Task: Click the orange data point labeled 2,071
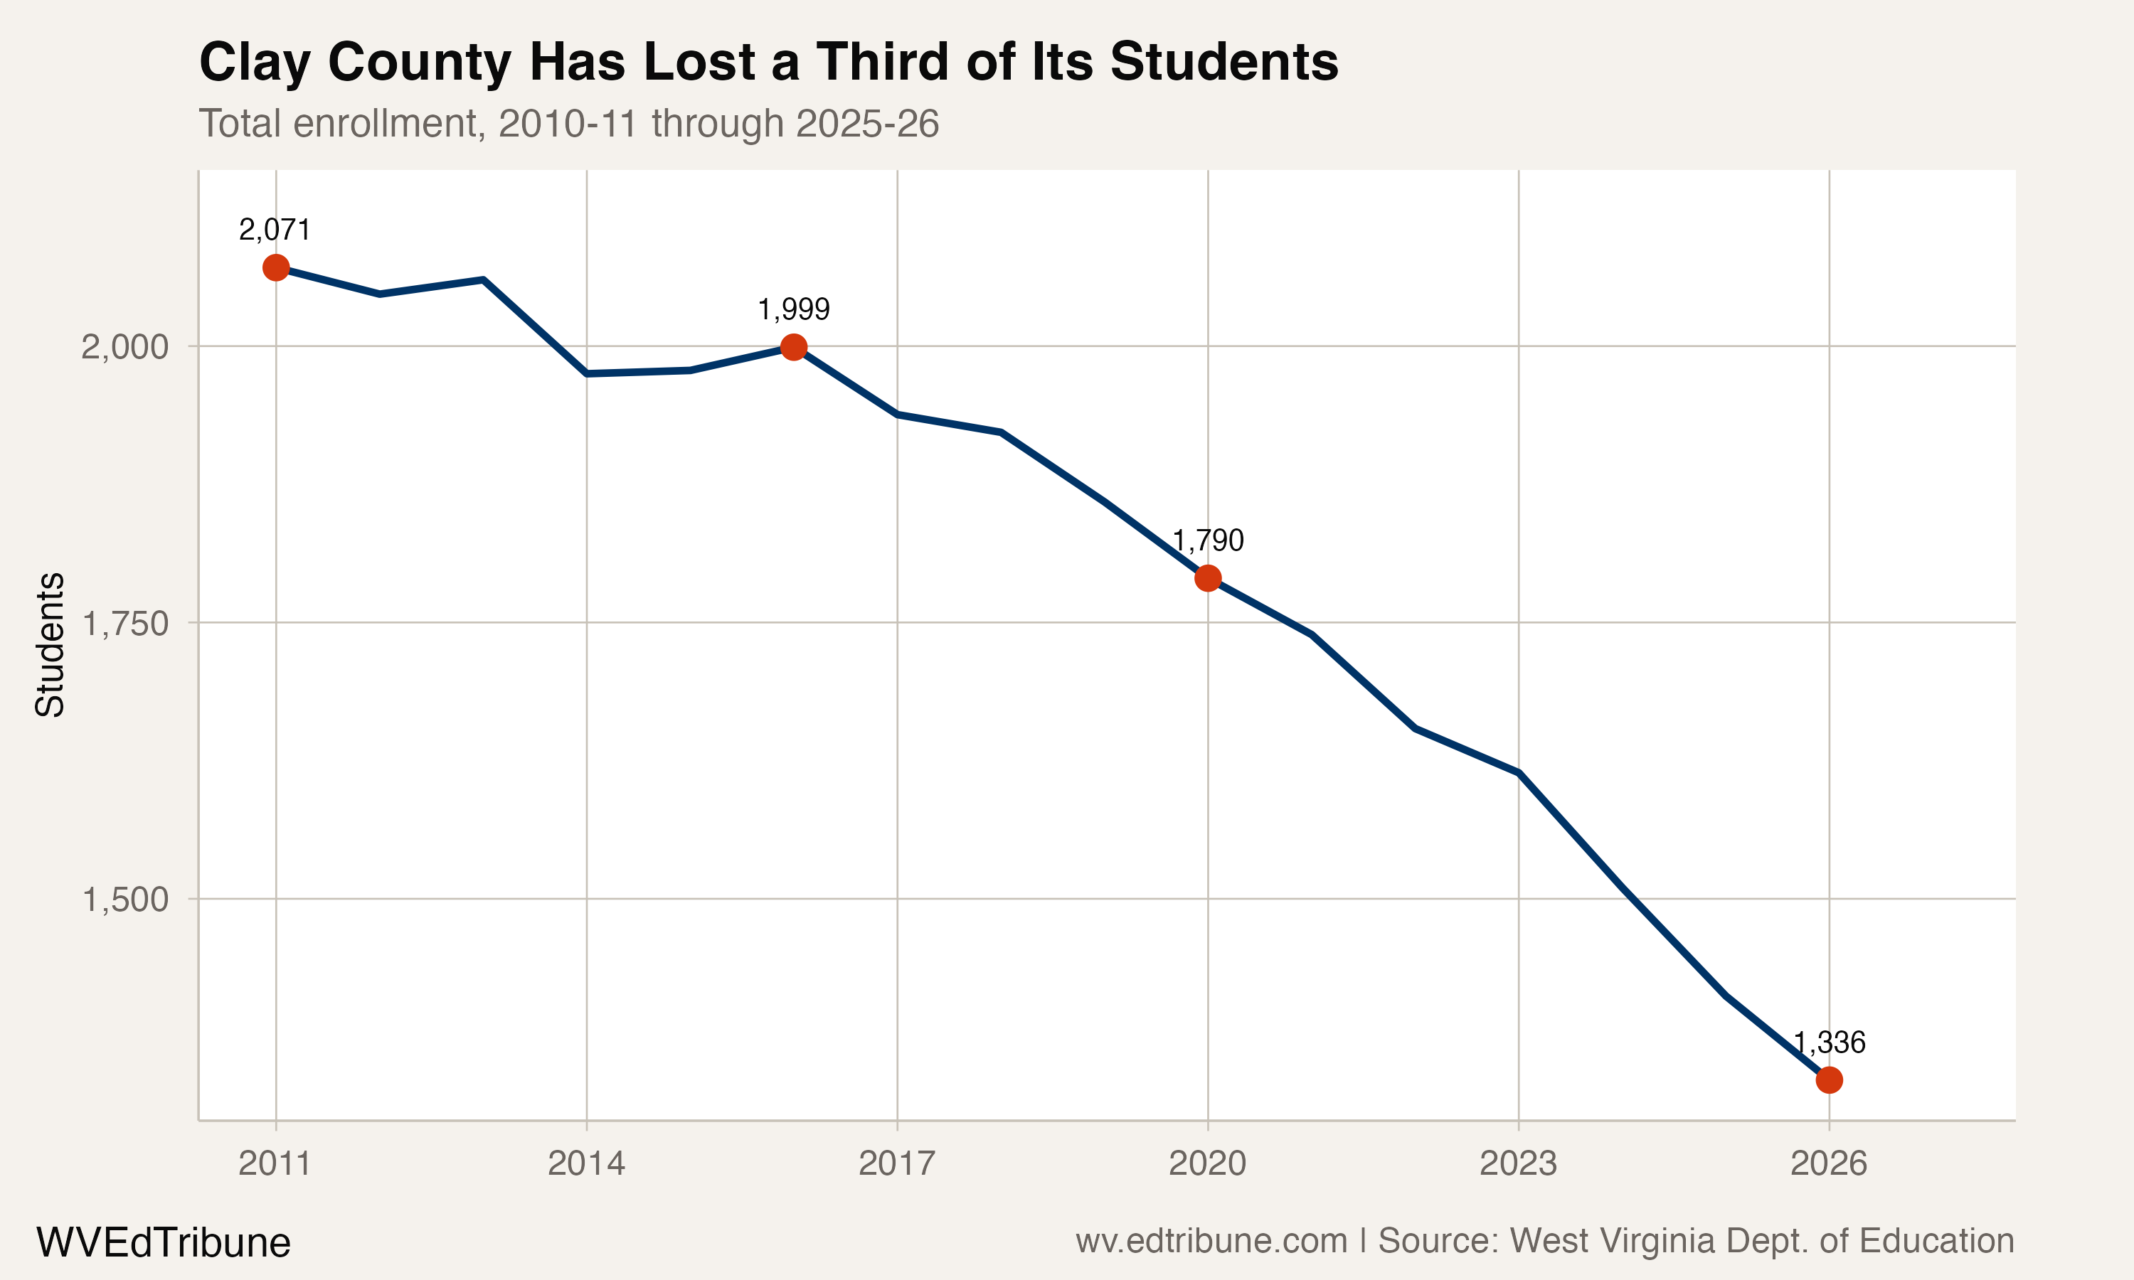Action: [x=275, y=267]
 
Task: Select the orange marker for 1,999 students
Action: [x=794, y=347]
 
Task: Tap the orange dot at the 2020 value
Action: [x=1208, y=578]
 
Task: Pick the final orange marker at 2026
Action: [x=1829, y=1080]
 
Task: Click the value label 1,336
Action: [x=1830, y=1042]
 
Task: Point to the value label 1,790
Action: [x=1208, y=541]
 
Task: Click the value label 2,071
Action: [x=275, y=230]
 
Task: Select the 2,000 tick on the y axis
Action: [x=124, y=348]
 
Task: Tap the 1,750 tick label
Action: [x=124, y=624]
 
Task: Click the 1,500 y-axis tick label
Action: [x=124, y=900]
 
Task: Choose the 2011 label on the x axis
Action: [x=275, y=1164]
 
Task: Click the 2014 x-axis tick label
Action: [x=587, y=1164]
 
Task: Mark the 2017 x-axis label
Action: [x=897, y=1164]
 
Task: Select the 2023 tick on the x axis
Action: [x=1518, y=1164]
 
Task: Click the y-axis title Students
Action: [x=50, y=644]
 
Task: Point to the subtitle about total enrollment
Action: [x=568, y=123]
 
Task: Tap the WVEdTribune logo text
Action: [x=163, y=1243]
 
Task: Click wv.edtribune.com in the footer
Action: [x=1211, y=1241]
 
